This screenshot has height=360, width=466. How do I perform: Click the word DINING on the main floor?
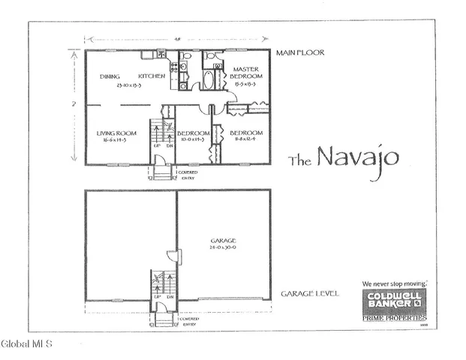click(110, 76)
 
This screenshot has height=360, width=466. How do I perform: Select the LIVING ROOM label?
click(116, 133)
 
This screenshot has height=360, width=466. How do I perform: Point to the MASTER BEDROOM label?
click(245, 73)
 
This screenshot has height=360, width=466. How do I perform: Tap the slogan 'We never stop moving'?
click(394, 284)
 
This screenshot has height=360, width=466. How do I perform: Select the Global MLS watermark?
click(26, 344)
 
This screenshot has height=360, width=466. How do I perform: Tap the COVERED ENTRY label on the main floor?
click(188, 175)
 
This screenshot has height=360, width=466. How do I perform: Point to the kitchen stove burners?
click(181, 67)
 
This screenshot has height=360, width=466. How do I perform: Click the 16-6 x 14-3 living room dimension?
click(116, 140)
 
